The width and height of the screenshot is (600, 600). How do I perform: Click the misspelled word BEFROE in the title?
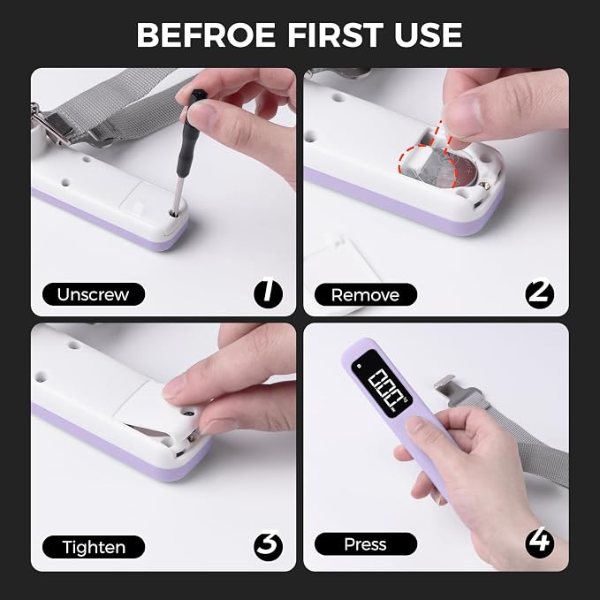(206, 34)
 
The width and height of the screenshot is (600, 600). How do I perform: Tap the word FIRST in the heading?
(335, 34)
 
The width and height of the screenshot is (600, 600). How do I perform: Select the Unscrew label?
(94, 294)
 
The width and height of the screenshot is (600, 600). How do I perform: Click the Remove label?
(366, 294)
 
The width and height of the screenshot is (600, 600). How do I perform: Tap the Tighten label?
(94, 547)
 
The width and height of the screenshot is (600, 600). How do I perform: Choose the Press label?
(366, 543)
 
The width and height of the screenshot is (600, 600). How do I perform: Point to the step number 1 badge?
(269, 294)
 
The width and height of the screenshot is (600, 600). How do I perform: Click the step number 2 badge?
(540, 294)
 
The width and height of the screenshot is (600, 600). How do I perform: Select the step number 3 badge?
(269, 546)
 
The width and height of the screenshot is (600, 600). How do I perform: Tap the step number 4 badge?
(540, 543)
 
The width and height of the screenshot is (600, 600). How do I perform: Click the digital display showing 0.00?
(382, 384)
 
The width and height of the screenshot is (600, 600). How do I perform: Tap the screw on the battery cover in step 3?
(187, 414)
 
